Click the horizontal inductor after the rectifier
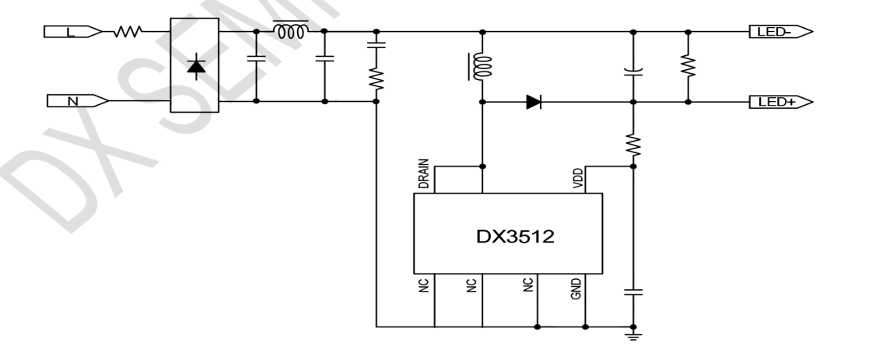[290, 31]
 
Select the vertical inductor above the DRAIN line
[482, 67]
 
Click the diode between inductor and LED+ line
[534, 102]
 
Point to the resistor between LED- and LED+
[688, 67]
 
